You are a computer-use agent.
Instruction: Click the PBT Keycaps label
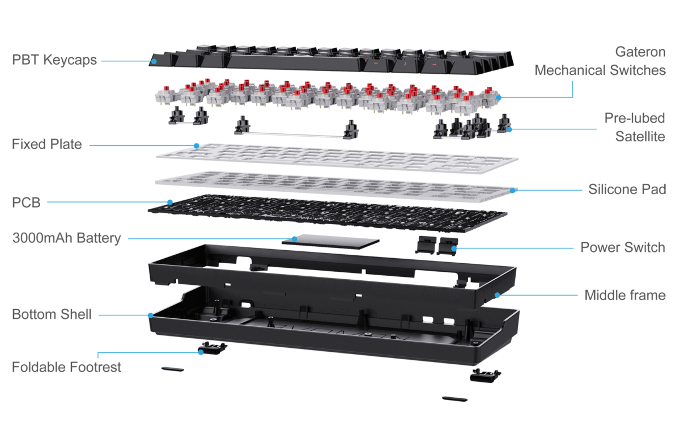[54, 60]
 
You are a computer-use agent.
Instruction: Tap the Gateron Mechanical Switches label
[600, 61]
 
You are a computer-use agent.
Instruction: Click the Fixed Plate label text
[47, 145]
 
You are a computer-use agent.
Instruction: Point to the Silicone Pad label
[626, 189]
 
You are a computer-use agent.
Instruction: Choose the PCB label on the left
[26, 202]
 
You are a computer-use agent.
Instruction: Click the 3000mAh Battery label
[66, 238]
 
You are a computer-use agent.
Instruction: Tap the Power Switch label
[622, 247]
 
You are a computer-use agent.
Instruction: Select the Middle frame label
[624, 295]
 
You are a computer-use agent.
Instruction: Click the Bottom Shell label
[52, 314]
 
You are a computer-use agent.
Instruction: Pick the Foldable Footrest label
[66, 367]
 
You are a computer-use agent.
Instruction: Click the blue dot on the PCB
[170, 201]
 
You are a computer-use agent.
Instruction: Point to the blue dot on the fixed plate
[196, 145]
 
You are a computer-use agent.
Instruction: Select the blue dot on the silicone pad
[512, 190]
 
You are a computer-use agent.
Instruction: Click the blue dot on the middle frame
[497, 295]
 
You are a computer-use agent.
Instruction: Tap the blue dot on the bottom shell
[150, 315]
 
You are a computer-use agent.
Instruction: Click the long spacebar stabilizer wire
[295, 134]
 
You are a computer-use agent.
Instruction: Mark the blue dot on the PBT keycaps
[153, 60]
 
